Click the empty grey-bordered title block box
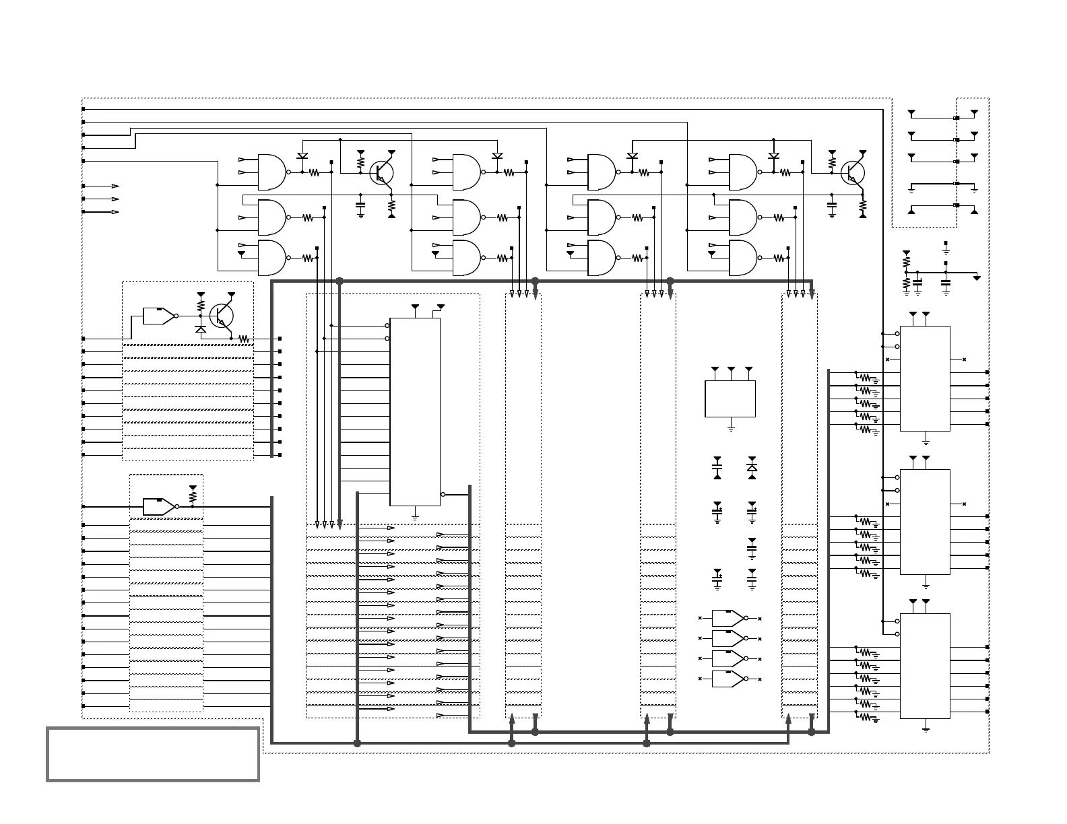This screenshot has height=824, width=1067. [153, 753]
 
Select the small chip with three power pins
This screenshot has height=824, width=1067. [730, 399]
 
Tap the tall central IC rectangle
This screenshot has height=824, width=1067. [415, 411]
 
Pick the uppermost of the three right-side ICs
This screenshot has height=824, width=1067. [925, 378]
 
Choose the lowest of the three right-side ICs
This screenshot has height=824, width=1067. [925, 666]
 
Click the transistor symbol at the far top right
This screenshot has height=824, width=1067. [853, 172]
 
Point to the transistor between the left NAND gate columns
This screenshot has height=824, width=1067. [382, 172]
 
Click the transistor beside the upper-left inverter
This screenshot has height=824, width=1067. [221, 315]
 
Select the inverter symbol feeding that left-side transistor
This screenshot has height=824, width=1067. [160, 316]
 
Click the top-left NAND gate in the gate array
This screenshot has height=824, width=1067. [271, 172]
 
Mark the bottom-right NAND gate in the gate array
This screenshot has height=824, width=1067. [743, 258]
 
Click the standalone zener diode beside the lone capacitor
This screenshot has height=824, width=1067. [752, 467]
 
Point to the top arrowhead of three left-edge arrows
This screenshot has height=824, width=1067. [115, 186]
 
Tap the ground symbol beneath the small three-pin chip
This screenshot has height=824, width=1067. [731, 428]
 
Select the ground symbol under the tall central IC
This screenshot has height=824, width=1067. [415, 517]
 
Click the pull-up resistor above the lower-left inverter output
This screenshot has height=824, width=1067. [193, 497]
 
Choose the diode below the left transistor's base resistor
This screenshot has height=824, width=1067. [200, 329]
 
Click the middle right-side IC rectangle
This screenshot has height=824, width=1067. [925, 522]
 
